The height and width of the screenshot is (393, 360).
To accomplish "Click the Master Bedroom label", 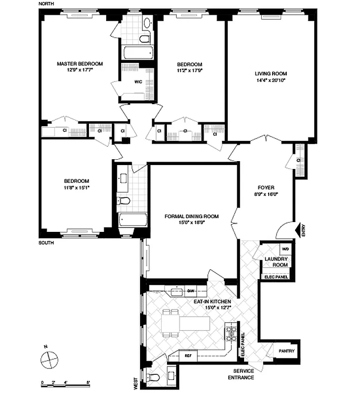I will click(x=80, y=64).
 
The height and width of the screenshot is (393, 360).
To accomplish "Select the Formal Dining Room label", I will click(x=192, y=216).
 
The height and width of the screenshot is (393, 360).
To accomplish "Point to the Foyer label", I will click(x=266, y=187).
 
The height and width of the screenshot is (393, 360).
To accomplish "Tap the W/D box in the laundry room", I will click(x=285, y=249).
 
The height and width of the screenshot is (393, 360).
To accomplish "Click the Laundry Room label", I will click(x=276, y=262).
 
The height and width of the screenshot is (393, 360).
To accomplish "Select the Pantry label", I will click(x=286, y=351).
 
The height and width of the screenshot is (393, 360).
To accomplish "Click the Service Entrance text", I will click(x=241, y=374).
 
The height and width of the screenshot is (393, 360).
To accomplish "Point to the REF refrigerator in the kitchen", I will click(x=188, y=355).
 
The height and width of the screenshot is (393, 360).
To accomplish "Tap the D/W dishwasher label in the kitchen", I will click(x=191, y=291).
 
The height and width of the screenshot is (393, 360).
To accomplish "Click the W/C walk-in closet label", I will click(x=138, y=82).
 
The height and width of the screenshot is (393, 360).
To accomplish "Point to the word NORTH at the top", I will click(x=46, y=3).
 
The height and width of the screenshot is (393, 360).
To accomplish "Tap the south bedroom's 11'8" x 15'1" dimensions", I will click(x=76, y=187).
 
